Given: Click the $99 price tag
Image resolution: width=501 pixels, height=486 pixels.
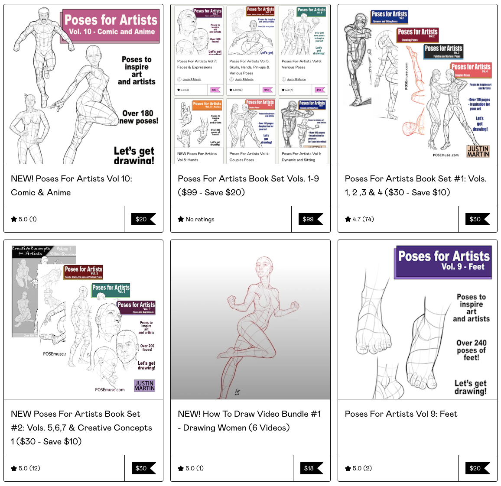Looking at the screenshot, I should (310, 219).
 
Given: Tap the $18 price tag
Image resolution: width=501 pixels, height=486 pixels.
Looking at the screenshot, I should (311, 468).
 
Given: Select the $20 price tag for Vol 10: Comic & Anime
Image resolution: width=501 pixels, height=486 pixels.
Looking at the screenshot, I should (143, 219).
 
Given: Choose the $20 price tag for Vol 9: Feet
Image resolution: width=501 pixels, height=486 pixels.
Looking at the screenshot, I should (477, 468).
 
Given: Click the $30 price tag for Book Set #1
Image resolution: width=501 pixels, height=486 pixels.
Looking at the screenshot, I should (477, 219).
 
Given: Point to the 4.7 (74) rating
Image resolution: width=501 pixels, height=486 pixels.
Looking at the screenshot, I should (359, 219).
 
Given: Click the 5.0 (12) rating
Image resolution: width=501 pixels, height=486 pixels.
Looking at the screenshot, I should (26, 468).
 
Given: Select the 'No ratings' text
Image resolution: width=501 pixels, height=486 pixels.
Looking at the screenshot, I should (196, 219).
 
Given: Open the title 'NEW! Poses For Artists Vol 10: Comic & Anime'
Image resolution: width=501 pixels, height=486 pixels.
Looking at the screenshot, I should (72, 185).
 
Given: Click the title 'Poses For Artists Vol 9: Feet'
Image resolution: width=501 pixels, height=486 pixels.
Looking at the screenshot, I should (401, 414).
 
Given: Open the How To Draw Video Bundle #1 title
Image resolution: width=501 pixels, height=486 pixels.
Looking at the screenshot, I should (249, 421).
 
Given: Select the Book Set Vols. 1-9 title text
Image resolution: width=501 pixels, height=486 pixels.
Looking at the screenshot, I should (248, 185).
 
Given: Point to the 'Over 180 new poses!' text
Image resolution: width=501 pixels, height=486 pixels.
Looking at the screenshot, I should (138, 117).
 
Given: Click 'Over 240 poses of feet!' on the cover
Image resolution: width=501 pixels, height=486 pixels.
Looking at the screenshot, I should (471, 350).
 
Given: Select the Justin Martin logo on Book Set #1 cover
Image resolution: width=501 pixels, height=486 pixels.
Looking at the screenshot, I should (478, 151).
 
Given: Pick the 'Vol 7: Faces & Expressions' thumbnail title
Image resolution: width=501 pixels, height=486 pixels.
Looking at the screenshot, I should (197, 64).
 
